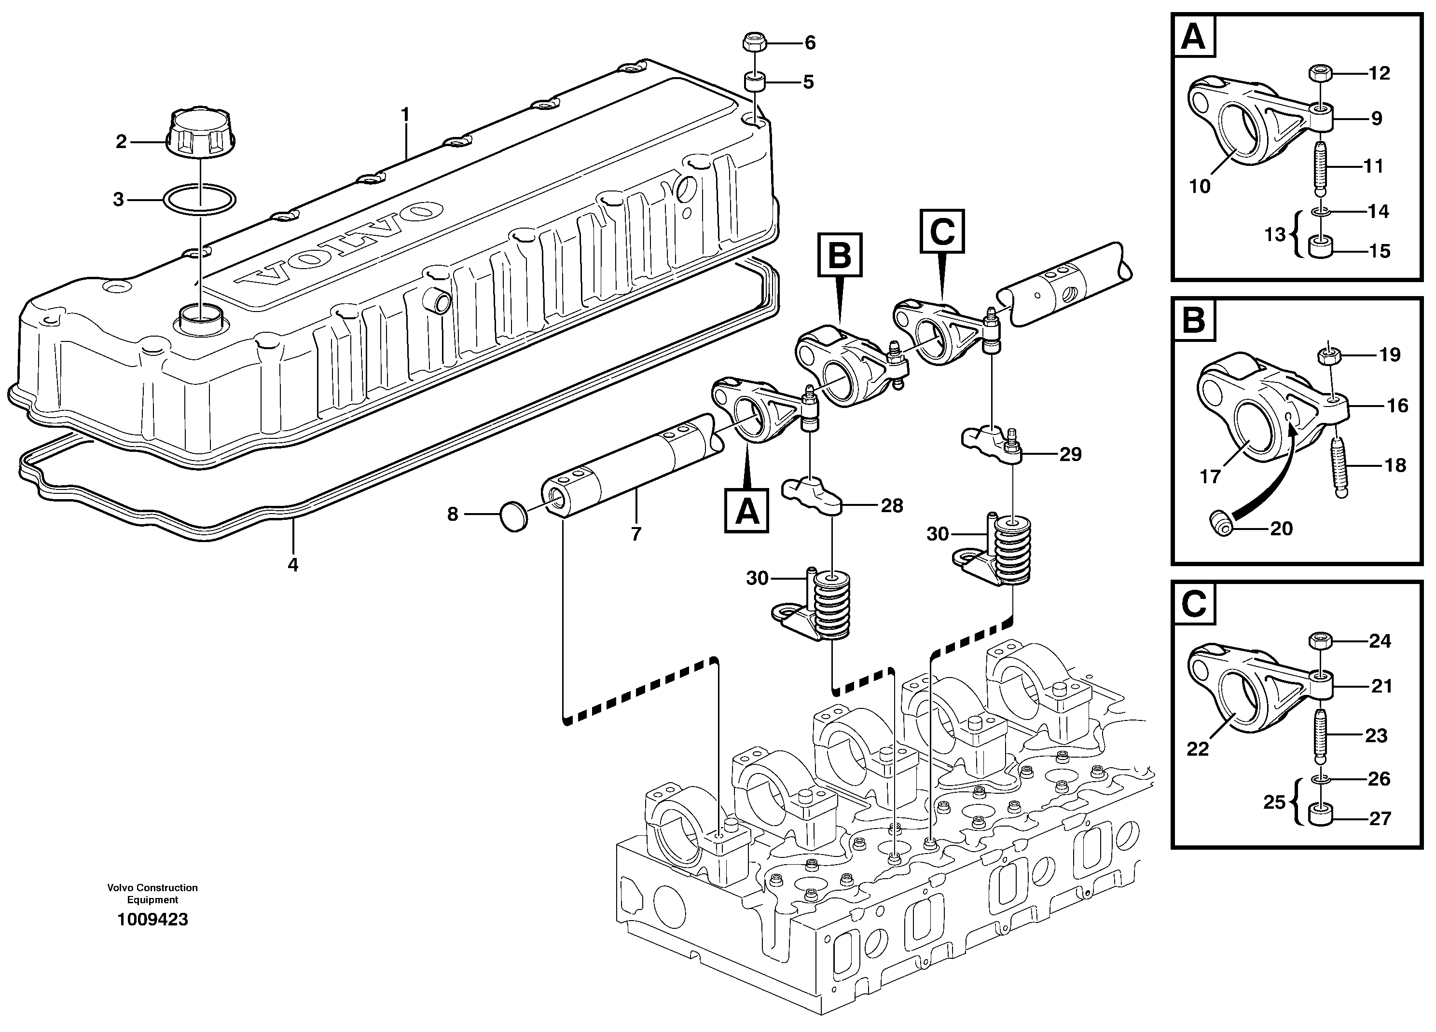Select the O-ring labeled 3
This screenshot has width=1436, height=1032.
click(x=199, y=200)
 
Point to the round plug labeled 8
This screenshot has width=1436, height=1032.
click(x=513, y=516)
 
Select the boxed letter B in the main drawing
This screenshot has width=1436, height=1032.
click(x=840, y=256)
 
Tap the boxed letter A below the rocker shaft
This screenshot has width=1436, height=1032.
click(x=747, y=510)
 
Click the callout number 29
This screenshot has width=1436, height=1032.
click(x=1070, y=454)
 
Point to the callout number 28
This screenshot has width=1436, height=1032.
click(x=892, y=505)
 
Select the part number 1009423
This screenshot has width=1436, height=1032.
click(x=152, y=919)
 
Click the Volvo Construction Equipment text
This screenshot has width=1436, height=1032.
click(x=152, y=894)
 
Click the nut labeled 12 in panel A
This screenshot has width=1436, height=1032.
click(x=1319, y=73)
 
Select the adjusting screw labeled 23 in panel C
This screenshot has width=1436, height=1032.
click(x=1320, y=735)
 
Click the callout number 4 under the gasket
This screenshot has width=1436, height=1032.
click(x=292, y=564)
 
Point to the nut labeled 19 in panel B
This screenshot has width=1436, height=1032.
click(x=1328, y=355)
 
